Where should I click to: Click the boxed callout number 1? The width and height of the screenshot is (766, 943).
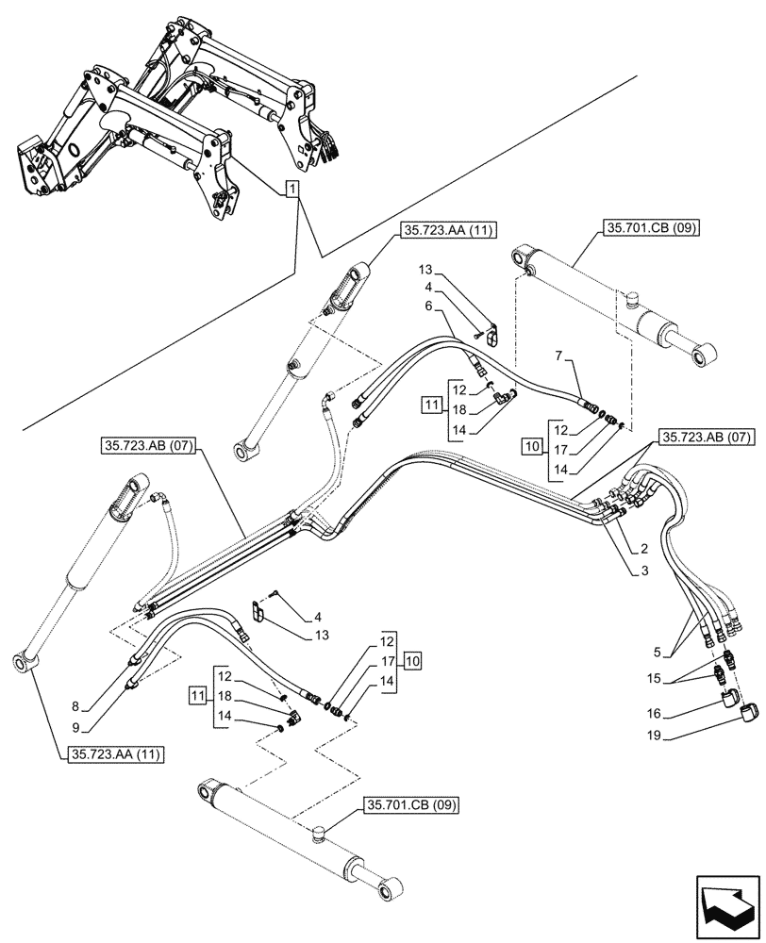(x=292, y=190)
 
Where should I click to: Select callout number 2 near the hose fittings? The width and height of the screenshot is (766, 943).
(x=643, y=548)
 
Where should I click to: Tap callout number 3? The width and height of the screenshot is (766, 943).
(x=643, y=571)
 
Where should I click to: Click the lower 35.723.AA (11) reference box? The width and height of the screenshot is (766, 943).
(x=114, y=754)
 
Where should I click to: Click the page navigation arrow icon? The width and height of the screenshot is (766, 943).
(x=726, y=901)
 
